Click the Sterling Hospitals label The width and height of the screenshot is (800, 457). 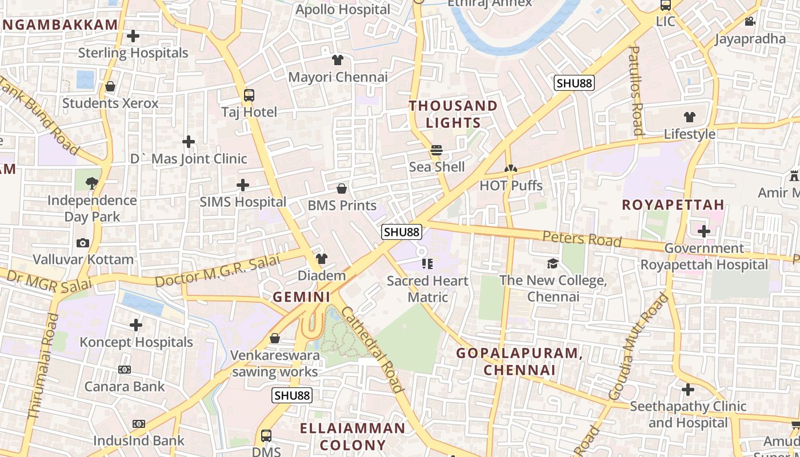pos(133,53)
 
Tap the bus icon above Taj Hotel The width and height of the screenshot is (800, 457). pos(249,95)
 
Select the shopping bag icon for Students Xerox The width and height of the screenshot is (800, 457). pos(110,86)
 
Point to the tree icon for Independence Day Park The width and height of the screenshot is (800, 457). pos(91,183)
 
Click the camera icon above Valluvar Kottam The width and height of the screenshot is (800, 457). pos(83,243)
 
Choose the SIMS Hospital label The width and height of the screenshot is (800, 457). pos(243,202)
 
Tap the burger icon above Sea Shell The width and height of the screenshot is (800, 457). pos(437,150)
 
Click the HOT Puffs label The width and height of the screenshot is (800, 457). pos(511,185)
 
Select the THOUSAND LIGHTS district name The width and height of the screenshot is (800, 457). pos(453,114)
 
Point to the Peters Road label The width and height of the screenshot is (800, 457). pos(582,238)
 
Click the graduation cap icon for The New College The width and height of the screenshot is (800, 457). pos(553,263)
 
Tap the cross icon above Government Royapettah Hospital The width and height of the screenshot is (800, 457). pos(703,231)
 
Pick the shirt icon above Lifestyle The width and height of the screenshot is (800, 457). pos(690,117)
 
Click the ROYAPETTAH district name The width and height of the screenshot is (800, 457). pos(673,205)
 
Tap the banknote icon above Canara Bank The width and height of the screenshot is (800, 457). pos(125,370)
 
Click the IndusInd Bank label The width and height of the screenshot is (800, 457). pos(139,440)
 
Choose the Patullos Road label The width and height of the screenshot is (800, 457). pos(635,91)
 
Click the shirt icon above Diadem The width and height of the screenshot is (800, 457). pos(322,259)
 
